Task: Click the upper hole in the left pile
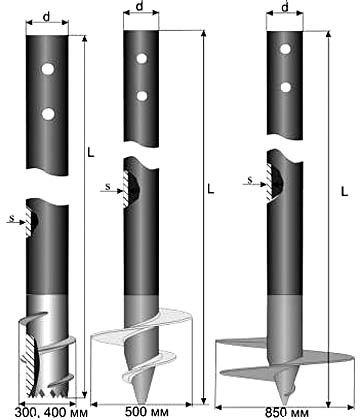click(48, 69)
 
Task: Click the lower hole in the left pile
click(48, 114)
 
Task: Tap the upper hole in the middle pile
click(142, 58)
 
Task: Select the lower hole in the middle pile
click(142, 96)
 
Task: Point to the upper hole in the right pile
click(285, 49)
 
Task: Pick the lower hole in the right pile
click(285, 87)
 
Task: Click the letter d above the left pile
click(47, 17)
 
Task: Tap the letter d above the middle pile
click(140, 6)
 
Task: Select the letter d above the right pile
click(285, 7)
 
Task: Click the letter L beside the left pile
click(91, 153)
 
